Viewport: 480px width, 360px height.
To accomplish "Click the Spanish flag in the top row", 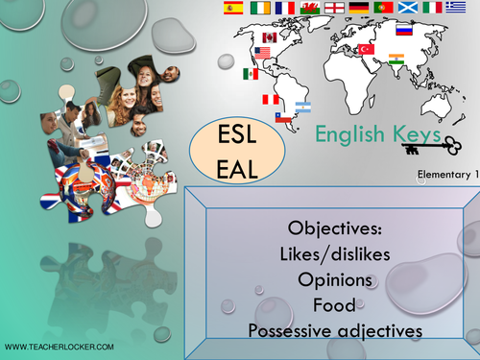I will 232,8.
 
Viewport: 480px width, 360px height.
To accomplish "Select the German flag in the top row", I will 359,8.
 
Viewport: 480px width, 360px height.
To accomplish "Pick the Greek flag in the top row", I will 460,8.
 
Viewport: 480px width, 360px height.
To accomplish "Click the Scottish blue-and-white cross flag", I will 409,8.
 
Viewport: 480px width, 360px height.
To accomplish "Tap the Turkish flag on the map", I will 365,48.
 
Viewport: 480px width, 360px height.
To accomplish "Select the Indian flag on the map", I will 397,69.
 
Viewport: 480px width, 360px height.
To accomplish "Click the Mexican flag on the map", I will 251,74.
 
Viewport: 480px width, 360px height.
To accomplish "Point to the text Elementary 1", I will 445,174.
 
